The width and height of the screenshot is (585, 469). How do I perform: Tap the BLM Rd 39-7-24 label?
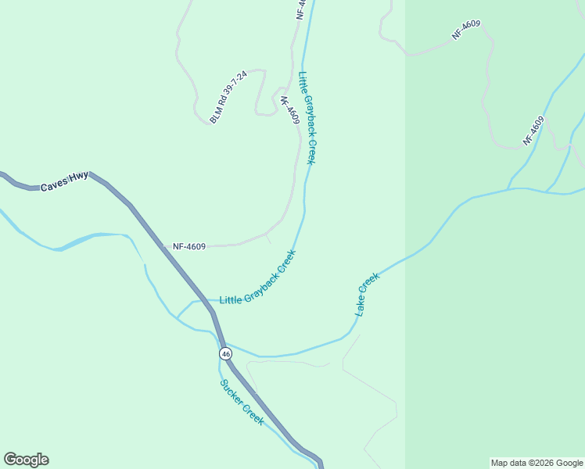tap(228, 97)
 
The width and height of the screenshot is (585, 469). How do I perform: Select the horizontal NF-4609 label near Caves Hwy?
tap(189, 247)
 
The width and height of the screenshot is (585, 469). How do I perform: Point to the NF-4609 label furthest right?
tap(533, 131)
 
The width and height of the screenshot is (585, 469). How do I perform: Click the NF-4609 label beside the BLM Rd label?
tap(289, 110)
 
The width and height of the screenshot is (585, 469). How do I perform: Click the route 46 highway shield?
tap(225, 354)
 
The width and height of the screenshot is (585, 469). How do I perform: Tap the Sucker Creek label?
tap(242, 402)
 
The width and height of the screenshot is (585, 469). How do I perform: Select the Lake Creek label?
tap(367, 293)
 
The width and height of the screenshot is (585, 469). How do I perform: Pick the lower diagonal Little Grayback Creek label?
tap(257, 278)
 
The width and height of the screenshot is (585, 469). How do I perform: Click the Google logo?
tap(26, 460)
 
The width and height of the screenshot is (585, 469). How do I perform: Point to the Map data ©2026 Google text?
tap(537, 463)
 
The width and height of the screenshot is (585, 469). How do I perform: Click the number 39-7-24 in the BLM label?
tap(235, 89)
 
